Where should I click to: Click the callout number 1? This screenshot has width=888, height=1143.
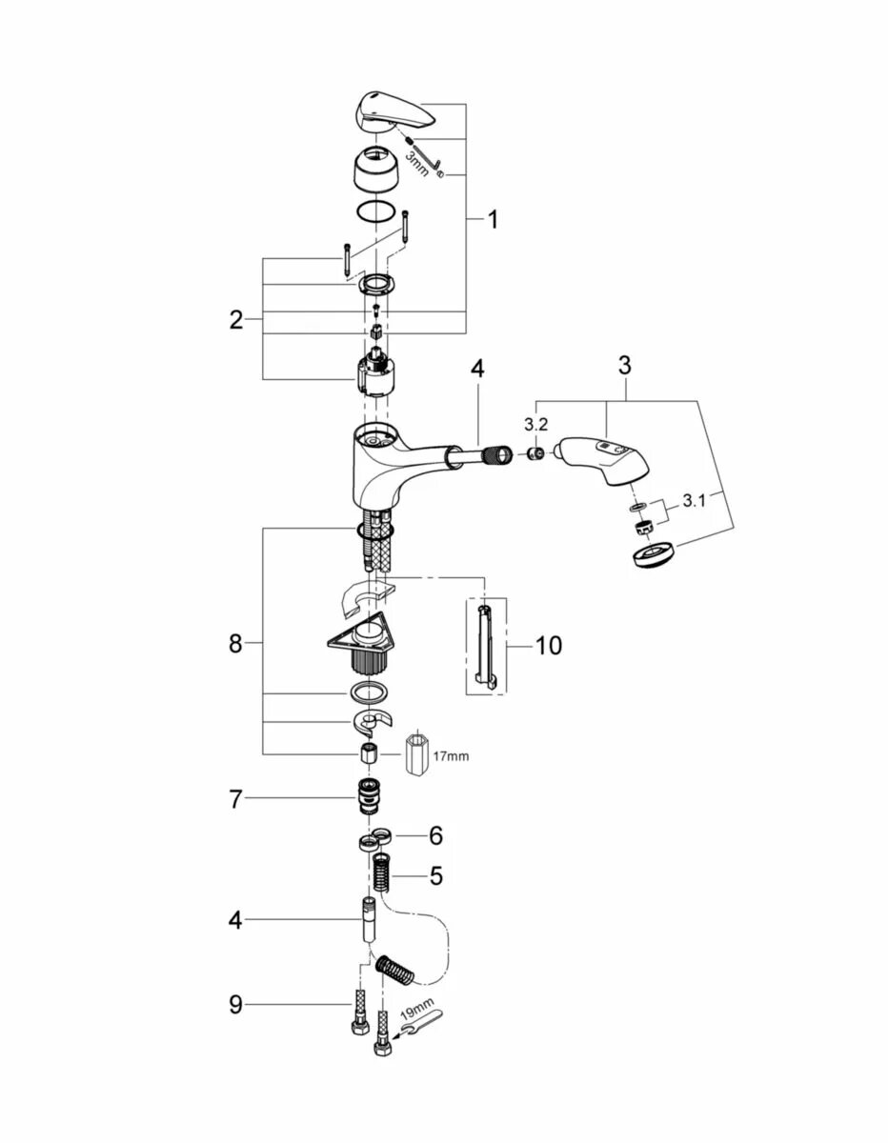493,220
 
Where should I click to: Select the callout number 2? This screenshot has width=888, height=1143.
236,320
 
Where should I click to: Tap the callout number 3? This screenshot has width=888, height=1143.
624,365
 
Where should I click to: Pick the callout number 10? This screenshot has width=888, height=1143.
548,646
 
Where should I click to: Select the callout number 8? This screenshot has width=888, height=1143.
236,644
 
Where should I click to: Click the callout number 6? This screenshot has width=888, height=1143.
435,835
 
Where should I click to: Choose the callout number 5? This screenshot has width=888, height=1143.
435,875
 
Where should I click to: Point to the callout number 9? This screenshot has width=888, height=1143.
236,1004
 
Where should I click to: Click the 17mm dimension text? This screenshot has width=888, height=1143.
452,756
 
